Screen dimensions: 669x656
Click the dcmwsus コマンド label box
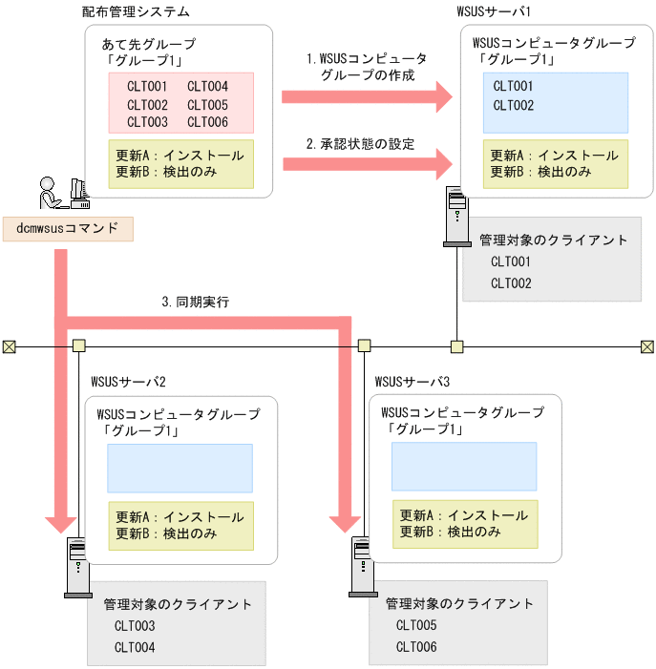pyautogui.click(x=67, y=229)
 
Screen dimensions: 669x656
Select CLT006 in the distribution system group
pyautogui.click(x=207, y=122)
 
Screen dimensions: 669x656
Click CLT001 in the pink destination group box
pyautogui.click(x=147, y=86)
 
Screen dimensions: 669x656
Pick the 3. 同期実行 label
pyautogui.click(x=196, y=302)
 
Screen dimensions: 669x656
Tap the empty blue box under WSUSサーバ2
pyautogui.click(x=180, y=469)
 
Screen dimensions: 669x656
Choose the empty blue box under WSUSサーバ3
pyautogui.click(x=464, y=467)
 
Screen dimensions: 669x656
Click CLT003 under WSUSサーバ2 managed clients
pyautogui.click(x=135, y=626)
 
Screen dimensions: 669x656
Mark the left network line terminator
pyautogui.click(x=9, y=345)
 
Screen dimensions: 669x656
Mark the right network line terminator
pyautogui.click(x=646, y=345)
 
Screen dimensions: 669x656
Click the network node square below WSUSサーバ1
pyautogui.click(x=457, y=345)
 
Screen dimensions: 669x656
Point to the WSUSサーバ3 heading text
pyautogui.click(x=413, y=382)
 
